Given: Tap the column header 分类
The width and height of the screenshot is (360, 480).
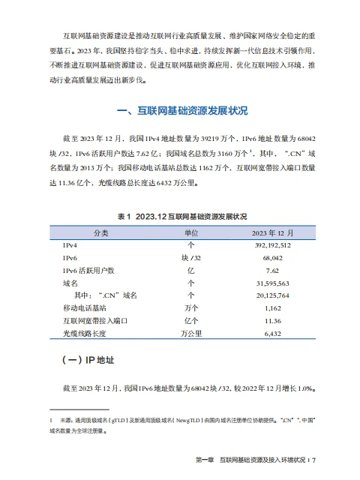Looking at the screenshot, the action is (100, 232).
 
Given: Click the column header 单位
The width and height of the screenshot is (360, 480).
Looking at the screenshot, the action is (190, 232).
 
